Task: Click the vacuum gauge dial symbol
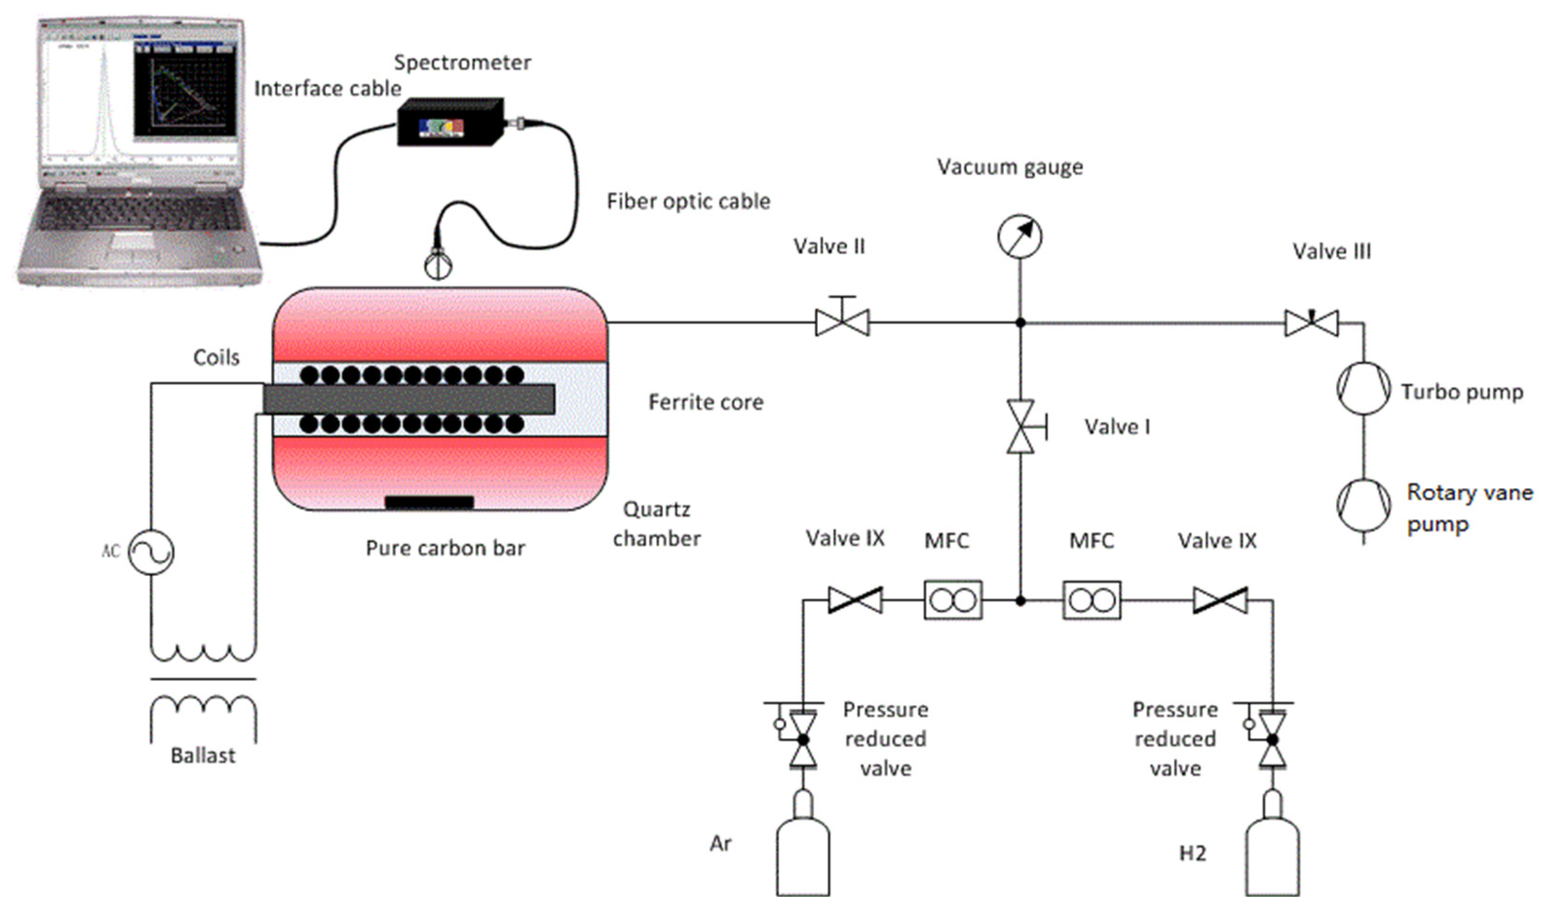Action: pos(1019,236)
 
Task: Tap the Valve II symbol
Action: pos(842,322)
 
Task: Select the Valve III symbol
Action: pos(1312,323)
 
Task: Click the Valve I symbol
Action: pos(1021,426)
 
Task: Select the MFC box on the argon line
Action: pos(953,600)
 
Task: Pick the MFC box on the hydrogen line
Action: pos(1092,600)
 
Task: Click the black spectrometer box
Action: pos(450,123)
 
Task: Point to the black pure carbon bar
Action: pos(429,502)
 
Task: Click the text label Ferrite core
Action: pos(706,402)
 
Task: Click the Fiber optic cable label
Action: pos(688,201)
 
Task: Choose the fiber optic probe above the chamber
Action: pos(438,263)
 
